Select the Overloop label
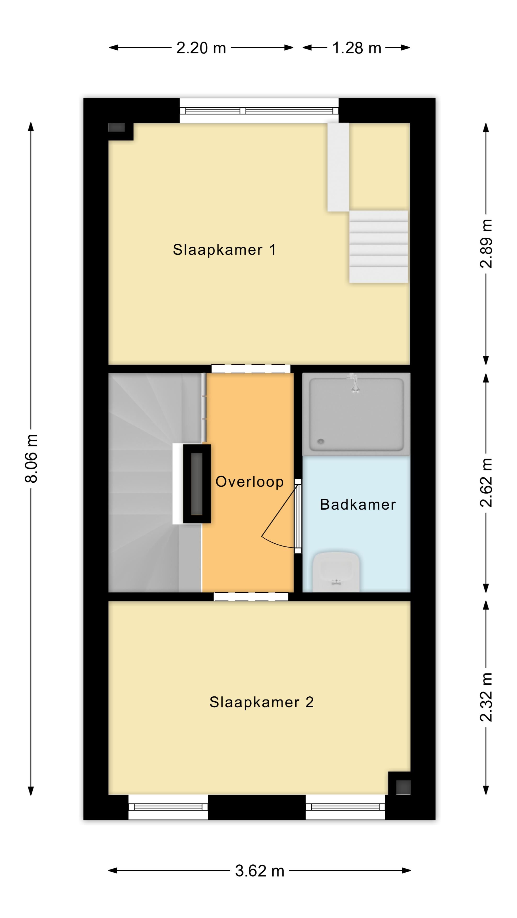coord(249,482)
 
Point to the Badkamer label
coord(358,505)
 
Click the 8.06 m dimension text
coord(31,459)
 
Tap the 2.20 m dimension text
coord(201,48)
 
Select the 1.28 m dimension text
coord(357,48)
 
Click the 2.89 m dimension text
coord(486,244)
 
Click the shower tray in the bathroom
coord(356,415)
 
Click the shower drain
coord(320,442)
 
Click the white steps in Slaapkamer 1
coord(378,247)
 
